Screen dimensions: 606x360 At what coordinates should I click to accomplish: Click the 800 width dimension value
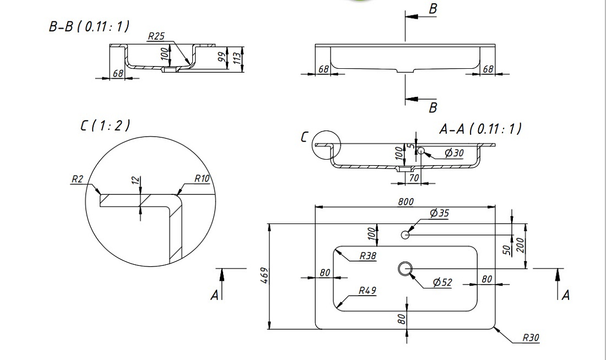(x=405, y=201)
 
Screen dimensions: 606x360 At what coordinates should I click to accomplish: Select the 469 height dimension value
(x=265, y=275)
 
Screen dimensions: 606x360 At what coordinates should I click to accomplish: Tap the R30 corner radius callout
(x=531, y=337)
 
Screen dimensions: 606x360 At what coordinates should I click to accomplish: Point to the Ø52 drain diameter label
(x=442, y=282)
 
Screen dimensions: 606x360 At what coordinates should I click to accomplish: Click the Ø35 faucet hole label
(x=439, y=213)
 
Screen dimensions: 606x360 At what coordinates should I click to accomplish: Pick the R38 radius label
(x=367, y=256)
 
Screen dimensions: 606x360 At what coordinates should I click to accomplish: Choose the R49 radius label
(x=367, y=291)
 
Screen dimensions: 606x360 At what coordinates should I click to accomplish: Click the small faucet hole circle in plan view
(x=405, y=234)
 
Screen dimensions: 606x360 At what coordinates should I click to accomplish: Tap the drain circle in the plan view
(x=405, y=269)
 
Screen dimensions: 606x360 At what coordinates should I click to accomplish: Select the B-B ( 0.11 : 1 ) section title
(x=89, y=26)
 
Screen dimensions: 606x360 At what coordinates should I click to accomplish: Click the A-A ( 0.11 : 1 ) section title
(x=480, y=129)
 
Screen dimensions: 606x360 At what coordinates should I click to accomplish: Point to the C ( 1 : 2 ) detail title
(x=105, y=126)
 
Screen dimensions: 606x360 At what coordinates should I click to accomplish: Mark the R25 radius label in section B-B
(x=156, y=36)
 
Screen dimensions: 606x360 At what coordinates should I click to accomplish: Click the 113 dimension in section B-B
(x=237, y=58)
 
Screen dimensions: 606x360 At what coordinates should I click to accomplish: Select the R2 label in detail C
(x=77, y=179)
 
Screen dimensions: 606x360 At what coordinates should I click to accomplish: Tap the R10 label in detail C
(x=202, y=178)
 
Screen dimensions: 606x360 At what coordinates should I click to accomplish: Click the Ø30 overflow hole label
(x=454, y=153)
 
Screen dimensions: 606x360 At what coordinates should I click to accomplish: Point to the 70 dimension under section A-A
(x=414, y=178)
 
